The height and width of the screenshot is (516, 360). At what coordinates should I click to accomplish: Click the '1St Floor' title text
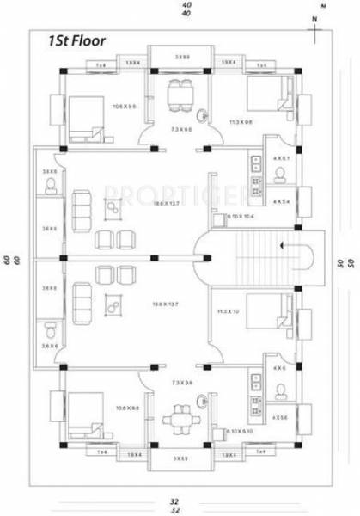coord(62,40)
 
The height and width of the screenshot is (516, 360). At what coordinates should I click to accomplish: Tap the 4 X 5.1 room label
coord(280,157)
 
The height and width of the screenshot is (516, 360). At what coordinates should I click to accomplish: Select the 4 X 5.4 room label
coord(280,200)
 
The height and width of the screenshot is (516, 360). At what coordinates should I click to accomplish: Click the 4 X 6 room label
coord(279,369)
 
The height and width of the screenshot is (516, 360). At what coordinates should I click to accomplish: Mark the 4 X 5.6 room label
coord(280,416)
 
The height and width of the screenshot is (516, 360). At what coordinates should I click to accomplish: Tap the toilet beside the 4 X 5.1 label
coord(280,175)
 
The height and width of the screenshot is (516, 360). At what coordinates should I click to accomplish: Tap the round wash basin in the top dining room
coord(201,116)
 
